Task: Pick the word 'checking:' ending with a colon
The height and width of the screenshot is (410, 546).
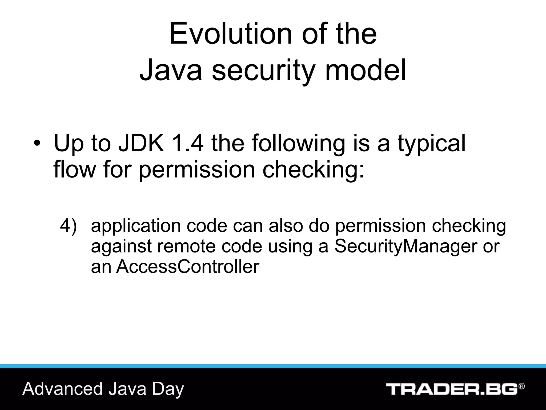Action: (x=313, y=170)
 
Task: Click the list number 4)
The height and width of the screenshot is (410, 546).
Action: (x=69, y=226)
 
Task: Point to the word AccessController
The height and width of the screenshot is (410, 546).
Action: (x=188, y=266)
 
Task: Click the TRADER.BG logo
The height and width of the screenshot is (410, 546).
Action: (x=452, y=389)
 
